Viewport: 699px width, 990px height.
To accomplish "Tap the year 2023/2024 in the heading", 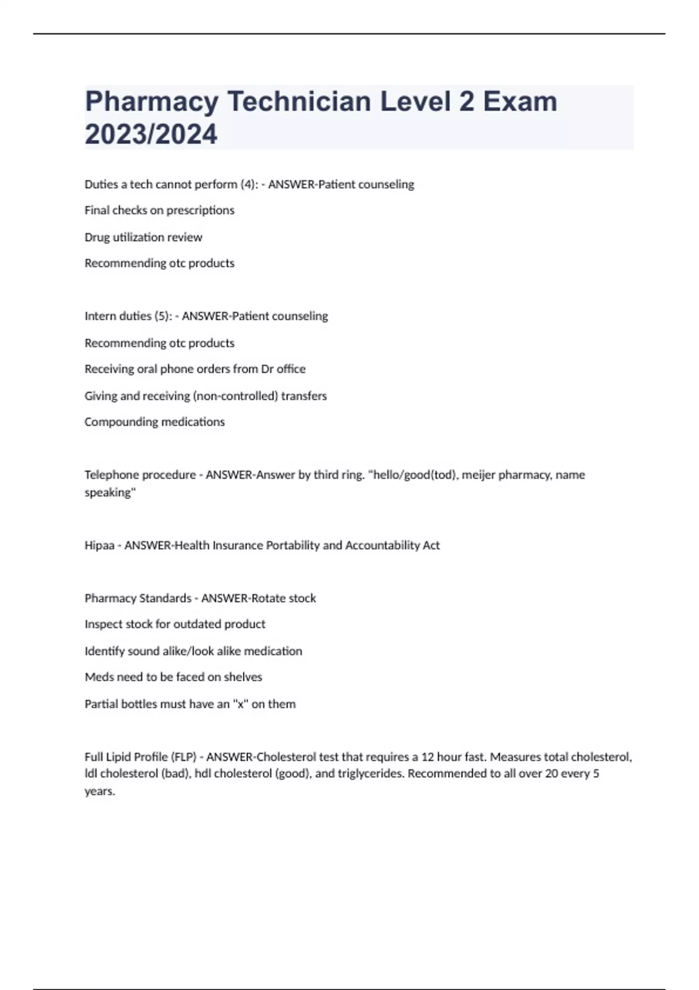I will (151, 134).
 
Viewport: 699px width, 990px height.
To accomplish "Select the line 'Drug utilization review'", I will (143, 237).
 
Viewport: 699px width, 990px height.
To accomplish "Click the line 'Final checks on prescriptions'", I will (160, 210).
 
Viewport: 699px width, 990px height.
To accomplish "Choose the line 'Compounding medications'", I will (154, 422).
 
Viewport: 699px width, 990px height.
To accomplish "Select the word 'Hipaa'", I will (99, 546).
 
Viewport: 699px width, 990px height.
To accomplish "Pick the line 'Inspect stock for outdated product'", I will (175, 624).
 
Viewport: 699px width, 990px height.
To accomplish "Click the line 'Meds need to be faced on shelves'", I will (174, 677).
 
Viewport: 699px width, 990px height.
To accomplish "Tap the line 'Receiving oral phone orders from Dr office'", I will (195, 369).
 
